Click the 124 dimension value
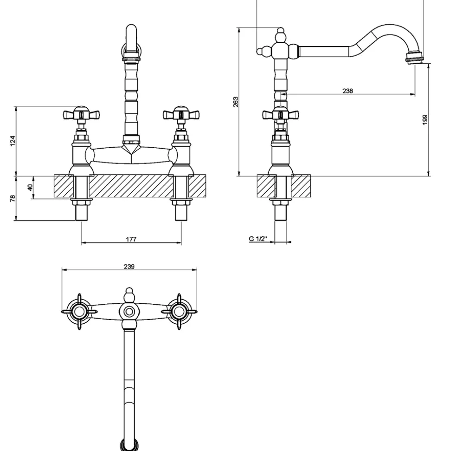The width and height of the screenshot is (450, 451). pyautogui.click(x=13, y=141)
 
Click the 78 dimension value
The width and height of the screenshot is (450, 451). pyautogui.click(x=13, y=198)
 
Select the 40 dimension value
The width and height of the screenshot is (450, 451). pyautogui.click(x=30, y=187)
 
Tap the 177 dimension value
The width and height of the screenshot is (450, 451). pyautogui.click(x=131, y=239)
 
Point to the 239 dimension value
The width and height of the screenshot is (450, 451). pyautogui.click(x=129, y=267)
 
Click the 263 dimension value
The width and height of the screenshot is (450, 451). pyautogui.click(x=236, y=102)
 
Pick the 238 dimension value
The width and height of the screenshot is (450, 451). pyautogui.click(x=347, y=91)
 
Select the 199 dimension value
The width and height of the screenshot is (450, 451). pyautogui.click(x=425, y=120)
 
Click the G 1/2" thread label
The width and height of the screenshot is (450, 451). pyautogui.click(x=258, y=238)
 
